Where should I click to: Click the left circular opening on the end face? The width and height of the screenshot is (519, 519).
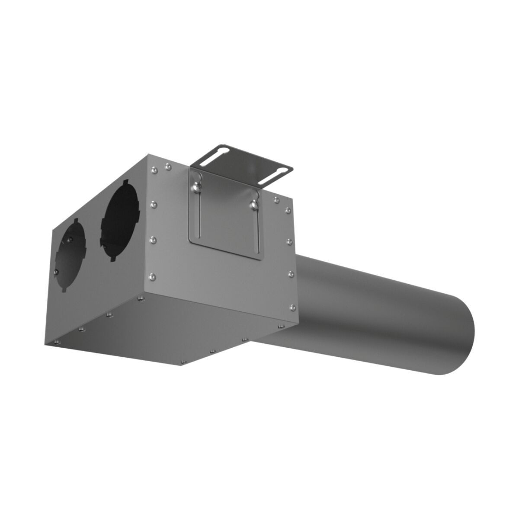(71, 255)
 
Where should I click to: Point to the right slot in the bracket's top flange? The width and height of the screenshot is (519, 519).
(277, 171)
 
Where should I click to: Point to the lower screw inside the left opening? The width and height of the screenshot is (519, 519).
(57, 271)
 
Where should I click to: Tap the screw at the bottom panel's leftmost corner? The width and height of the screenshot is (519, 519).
(56, 343)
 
